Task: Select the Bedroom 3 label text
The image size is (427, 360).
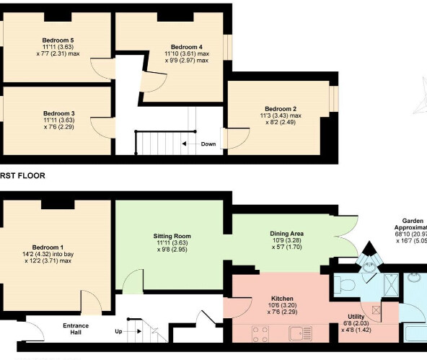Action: [58, 113]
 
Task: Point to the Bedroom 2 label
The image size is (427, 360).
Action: [280, 107]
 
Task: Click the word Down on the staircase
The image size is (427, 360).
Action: [208, 144]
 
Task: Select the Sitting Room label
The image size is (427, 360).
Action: [172, 236]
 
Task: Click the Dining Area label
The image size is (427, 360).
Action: [287, 234]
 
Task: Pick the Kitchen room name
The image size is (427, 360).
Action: [281, 298]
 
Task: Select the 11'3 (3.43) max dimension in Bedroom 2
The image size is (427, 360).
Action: [280, 115]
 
